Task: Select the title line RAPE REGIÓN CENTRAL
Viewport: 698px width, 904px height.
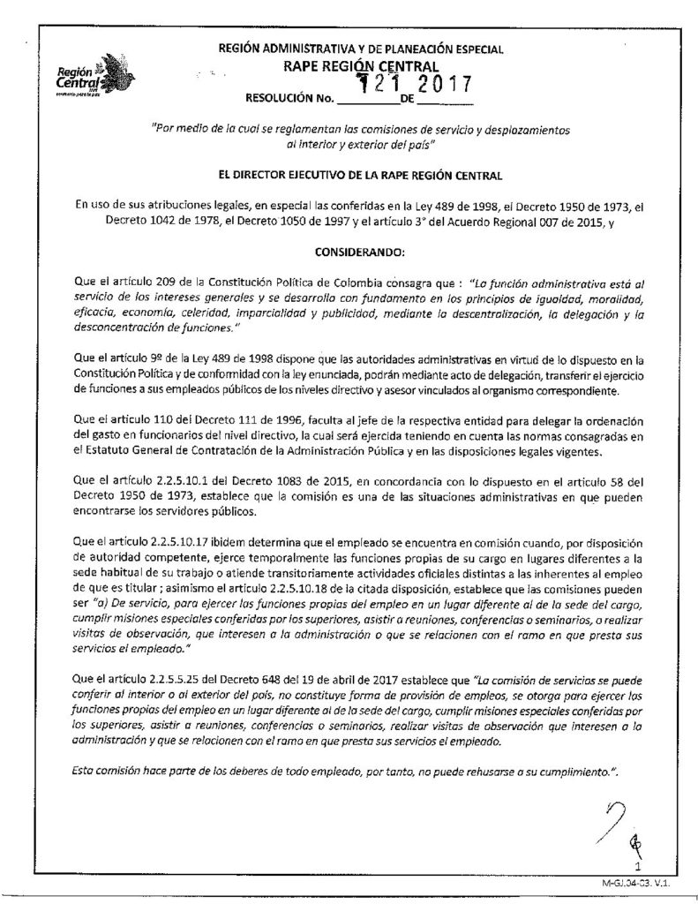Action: point(361,66)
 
